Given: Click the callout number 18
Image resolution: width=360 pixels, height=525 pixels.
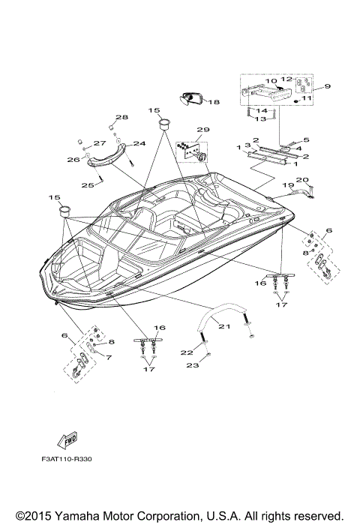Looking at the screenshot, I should coord(214,102).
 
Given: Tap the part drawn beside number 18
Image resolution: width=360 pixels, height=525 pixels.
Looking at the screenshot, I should coord(192,97).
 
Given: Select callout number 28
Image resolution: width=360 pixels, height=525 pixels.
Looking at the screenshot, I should coord(121,117).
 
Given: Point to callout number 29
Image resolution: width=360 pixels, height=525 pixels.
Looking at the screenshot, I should coord(202,130).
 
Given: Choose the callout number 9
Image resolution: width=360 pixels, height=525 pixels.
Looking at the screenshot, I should coord(327,88).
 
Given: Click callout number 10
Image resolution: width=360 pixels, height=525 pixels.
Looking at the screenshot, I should coord(271,80).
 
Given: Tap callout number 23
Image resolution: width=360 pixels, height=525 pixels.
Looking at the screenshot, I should coord(192,365).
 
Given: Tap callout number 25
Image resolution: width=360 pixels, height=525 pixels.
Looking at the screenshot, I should coord(88,184).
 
